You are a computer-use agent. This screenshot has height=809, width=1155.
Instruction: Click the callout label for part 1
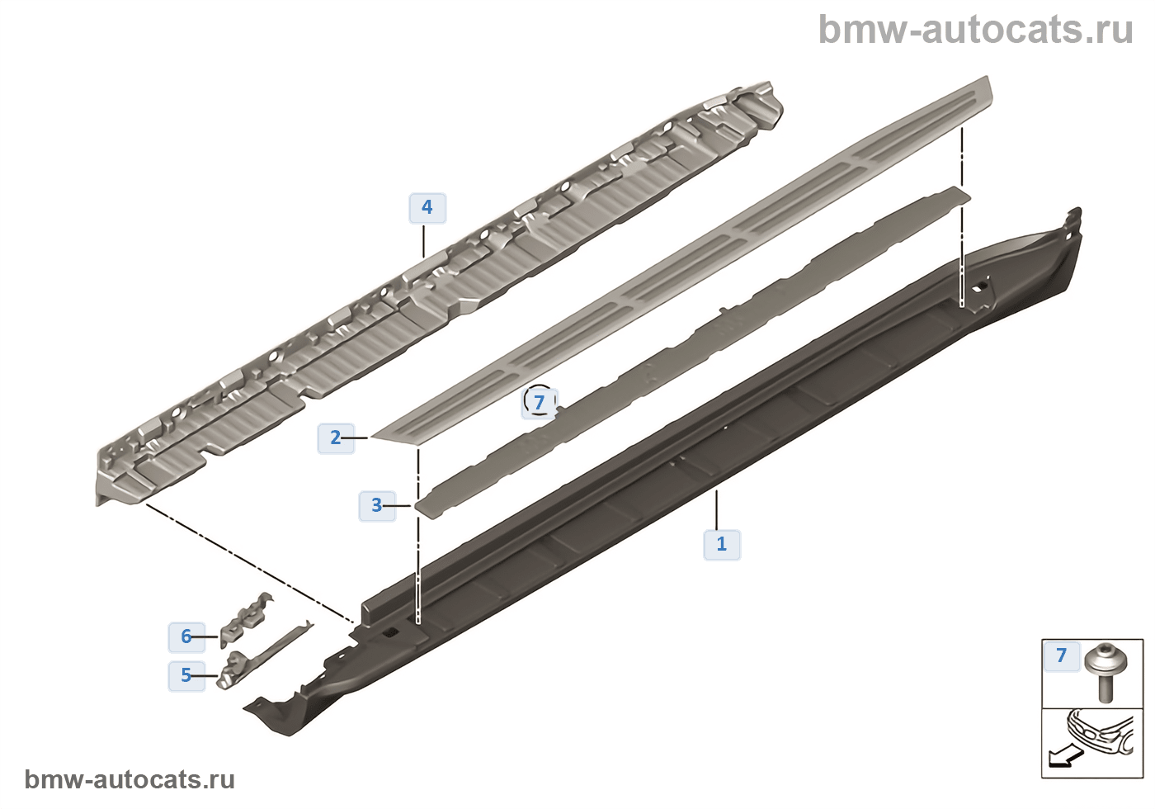[722, 544]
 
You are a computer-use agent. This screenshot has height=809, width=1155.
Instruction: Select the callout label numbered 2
[336, 438]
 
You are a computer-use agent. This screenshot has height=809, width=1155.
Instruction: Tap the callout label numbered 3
[377, 505]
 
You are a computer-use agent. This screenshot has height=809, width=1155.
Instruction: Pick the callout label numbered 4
[427, 207]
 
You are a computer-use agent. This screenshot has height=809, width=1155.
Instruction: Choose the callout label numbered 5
[186, 676]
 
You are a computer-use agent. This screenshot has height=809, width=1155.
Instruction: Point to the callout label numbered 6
[186, 636]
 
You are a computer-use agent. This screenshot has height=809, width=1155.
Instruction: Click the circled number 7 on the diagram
[540, 402]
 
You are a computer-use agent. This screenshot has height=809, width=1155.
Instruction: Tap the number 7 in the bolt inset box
[1062, 655]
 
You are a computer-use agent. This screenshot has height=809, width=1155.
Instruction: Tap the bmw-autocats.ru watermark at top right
[976, 30]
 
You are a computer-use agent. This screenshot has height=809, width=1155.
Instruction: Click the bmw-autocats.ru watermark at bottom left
[130, 780]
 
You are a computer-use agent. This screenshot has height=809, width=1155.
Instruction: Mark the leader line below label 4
[423, 240]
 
